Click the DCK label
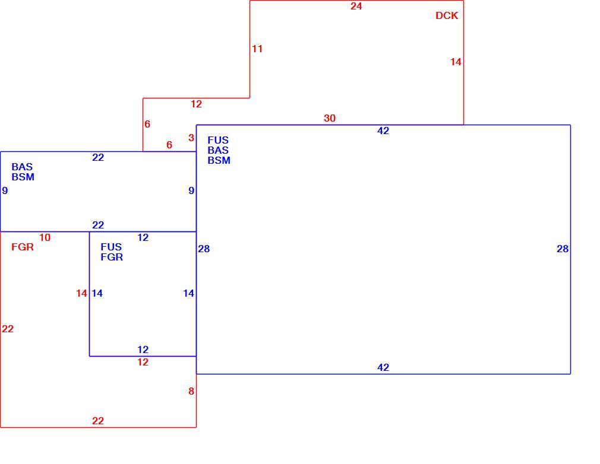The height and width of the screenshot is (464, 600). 447,15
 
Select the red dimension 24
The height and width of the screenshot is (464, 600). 356,6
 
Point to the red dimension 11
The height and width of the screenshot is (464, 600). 257,49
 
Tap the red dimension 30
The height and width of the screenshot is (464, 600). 330,119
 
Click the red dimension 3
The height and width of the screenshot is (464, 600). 191,138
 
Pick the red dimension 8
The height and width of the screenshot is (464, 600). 191,392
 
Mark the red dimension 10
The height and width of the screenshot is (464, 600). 45,238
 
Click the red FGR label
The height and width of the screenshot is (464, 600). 23,247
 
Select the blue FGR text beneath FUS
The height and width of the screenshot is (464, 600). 112,258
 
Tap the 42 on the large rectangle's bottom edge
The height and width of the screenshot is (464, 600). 383,368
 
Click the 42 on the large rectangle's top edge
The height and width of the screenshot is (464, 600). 383,131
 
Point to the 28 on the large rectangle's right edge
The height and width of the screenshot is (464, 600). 563,249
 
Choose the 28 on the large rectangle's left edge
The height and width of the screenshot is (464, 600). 204,249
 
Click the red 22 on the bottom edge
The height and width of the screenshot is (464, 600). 98,421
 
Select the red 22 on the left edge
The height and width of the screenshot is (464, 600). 8,329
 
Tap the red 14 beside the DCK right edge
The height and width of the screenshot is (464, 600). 456,62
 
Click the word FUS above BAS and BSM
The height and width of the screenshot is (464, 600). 218,141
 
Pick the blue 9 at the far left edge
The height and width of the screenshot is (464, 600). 5,190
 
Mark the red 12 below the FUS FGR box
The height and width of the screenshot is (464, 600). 143,363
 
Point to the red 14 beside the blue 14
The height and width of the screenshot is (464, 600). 81,294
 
